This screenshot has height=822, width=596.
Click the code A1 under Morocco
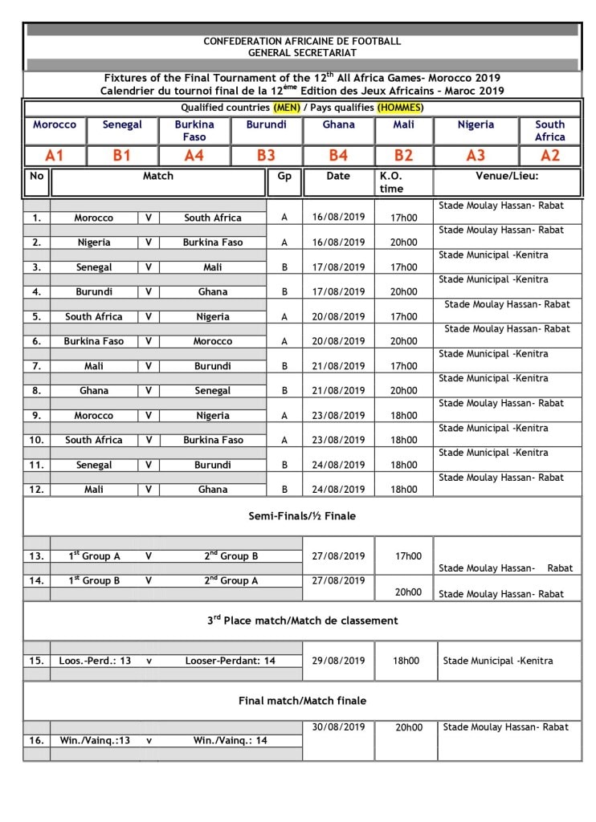[55, 156]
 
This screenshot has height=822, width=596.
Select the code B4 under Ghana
[338, 156]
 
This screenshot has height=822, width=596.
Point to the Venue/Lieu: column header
[507, 176]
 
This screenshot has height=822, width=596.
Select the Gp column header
[284, 176]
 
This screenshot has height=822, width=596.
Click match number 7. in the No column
[36, 366]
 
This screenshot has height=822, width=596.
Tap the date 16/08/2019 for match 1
[338, 218]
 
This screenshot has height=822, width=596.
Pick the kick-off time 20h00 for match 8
[403, 391]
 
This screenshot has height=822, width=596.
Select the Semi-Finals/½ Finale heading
[302, 516]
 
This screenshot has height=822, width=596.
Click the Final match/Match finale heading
[302, 701]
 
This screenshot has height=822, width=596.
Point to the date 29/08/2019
[338, 661]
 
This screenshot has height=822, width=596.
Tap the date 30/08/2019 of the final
[338, 727]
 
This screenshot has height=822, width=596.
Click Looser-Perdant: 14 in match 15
[230, 661]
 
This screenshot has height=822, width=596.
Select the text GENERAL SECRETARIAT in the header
[302, 52]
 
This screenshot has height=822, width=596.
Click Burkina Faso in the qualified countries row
[194, 130]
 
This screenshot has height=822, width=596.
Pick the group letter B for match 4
[284, 292]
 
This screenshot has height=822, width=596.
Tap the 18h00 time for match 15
[406, 661]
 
